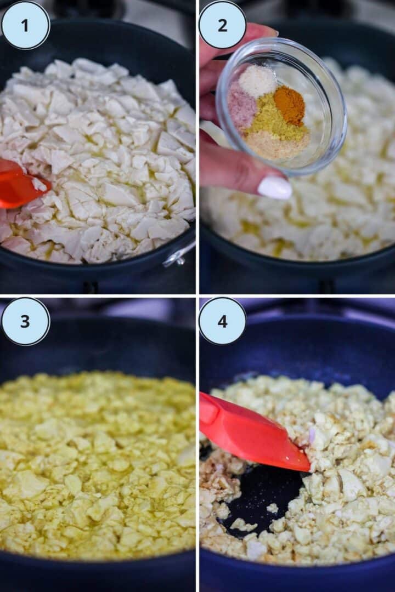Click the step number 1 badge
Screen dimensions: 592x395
tap(25, 25)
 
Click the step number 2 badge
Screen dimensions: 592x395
tap(222, 25)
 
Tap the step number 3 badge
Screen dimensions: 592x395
tap(25, 321)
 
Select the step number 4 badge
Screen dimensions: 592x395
tap(222, 321)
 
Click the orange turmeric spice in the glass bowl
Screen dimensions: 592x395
tap(289, 105)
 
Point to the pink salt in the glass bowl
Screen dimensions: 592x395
tap(242, 107)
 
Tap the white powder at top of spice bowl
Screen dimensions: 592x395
tap(257, 81)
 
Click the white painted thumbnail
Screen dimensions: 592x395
tap(274, 187)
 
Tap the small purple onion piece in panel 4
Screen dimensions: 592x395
tap(312, 435)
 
